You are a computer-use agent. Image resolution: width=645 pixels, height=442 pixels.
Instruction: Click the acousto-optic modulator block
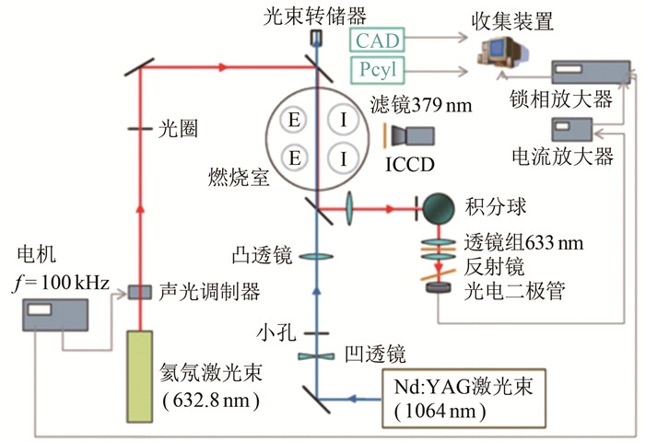coord(140,291)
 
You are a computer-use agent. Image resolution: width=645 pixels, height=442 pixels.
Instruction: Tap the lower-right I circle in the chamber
coord(344,159)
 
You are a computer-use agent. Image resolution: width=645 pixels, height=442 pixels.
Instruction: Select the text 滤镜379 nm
coord(420,105)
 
